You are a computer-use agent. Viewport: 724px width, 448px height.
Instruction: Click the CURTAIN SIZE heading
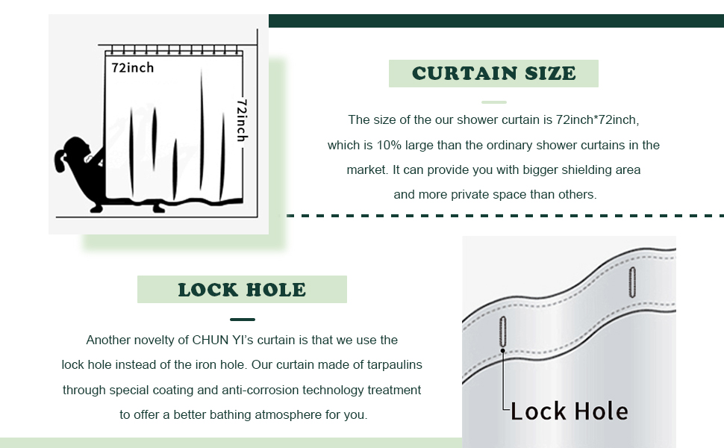point(493,73)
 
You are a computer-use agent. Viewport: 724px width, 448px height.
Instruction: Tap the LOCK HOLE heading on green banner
point(242,290)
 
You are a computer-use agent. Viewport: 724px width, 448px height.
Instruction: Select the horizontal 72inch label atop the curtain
point(133,68)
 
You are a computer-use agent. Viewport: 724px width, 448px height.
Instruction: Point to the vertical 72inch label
point(242,119)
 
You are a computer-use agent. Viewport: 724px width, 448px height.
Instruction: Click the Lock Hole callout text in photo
point(569,411)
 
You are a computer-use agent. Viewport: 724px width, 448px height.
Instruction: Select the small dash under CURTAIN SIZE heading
point(494,102)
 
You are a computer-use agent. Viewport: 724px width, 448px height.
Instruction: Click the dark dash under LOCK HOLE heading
point(243,319)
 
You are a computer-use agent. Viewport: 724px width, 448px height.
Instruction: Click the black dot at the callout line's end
point(503,350)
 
